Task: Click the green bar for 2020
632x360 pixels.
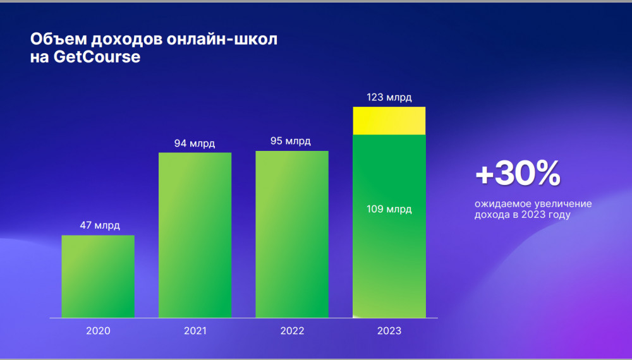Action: click(98, 276)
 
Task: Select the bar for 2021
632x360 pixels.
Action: click(195, 235)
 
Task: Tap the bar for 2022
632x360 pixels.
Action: click(292, 234)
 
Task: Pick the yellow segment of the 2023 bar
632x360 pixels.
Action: click(389, 121)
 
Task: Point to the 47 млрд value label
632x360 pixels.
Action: click(99, 225)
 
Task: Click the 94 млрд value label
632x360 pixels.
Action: click(195, 143)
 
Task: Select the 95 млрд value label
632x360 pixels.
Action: click(291, 141)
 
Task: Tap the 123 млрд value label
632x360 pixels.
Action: click(389, 97)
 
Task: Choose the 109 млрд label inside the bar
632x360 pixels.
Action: click(389, 209)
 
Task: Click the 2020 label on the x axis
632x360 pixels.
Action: click(98, 331)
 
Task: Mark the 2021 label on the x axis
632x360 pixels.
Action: click(195, 331)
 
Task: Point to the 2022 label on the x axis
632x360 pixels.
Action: click(292, 331)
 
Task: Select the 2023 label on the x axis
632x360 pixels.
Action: click(389, 331)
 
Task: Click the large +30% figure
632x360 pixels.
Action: click(518, 174)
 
